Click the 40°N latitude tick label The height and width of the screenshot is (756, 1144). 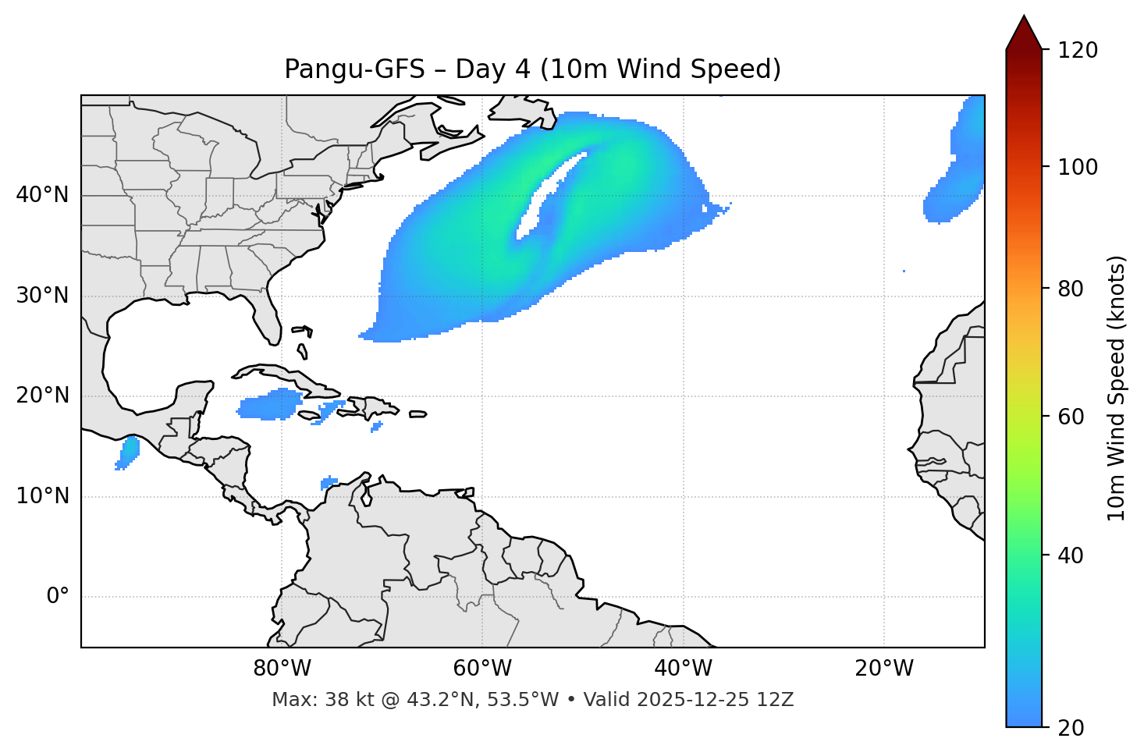(x=42, y=195)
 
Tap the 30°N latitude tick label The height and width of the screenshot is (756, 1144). (x=42, y=296)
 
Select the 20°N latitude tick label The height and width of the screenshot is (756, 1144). (x=42, y=396)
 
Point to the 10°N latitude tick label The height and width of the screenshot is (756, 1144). (x=42, y=496)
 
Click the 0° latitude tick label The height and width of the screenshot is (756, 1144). (x=58, y=597)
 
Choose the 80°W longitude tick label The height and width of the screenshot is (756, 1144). (x=282, y=669)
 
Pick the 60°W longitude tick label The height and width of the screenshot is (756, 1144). (x=482, y=669)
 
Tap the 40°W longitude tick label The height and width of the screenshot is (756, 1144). (x=683, y=669)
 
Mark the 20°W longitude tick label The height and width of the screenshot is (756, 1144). (x=884, y=669)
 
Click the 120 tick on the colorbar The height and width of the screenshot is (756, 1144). (x=1078, y=51)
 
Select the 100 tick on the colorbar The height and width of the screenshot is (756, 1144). (x=1078, y=167)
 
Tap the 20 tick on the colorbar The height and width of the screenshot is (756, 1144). (x=1071, y=728)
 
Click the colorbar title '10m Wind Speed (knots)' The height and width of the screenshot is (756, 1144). (x=1117, y=388)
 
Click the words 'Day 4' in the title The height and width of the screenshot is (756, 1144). (x=492, y=69)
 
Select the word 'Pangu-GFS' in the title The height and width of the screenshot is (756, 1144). (x=354, y=69)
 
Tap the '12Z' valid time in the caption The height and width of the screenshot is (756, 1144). (x=776, y=700)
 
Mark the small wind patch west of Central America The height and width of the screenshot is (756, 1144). (x=129, y=452)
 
